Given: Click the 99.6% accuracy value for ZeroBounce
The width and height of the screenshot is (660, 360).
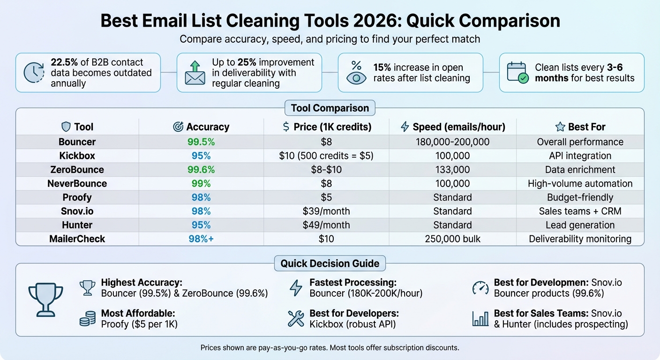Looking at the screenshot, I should [x=201, y=169].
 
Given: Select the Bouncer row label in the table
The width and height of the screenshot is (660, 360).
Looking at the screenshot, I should [x=77, y=142].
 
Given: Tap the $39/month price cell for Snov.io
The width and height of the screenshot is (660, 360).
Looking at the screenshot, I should [x=326, y=211].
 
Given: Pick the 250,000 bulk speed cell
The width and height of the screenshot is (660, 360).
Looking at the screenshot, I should [x=452, y=239].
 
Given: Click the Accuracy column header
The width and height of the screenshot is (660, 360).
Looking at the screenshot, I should [x=201, y=127].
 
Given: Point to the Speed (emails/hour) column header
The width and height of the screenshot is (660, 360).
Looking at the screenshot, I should [x=452, y=127].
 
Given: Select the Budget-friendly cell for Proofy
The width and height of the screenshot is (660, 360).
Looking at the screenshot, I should [x=580, y=197].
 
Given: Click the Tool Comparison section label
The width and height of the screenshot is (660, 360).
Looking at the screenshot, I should [x=330, y=108].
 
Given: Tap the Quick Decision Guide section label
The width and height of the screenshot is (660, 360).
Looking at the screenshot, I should [x=330, y=263].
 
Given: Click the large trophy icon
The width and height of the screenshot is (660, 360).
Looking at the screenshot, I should [x=46, y=299].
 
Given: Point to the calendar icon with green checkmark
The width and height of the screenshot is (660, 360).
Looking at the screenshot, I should [x=518, y=73].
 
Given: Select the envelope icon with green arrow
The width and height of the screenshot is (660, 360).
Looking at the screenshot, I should [x=195, y=73].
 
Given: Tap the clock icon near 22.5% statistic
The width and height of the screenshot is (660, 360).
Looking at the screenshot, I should [x=34, y=73].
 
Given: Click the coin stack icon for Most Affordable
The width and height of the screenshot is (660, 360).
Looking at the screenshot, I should [x=88, y=319].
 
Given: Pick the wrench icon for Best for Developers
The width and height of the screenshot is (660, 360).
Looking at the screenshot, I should [x=296, y=319].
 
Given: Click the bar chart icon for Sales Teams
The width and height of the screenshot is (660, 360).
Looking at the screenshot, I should [x=480, y=319].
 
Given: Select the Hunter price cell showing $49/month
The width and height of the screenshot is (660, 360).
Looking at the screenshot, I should [x=326, y=225].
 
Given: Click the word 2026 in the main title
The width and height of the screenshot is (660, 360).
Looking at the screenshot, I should [x=365, y=21].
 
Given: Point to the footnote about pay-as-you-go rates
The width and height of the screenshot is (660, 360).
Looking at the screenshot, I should [x=330, y=348].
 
